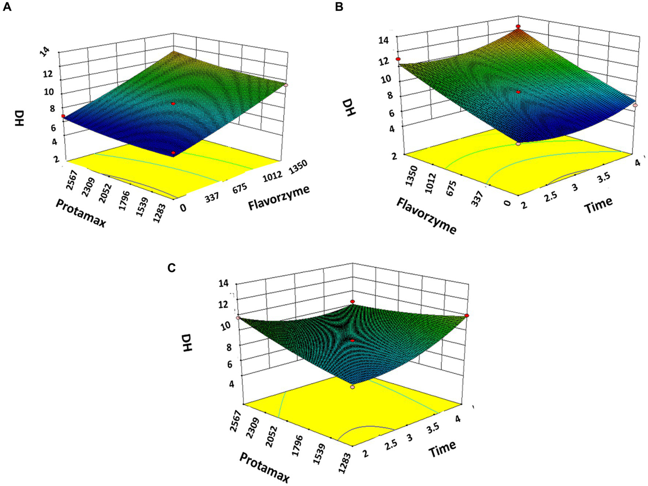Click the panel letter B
pyautogui.click(x=339, y=7)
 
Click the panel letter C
pyautogui.click(x=171, y=268)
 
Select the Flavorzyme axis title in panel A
pyautogui.click(x=279, y=197)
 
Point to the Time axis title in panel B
pyautogui.click(x=598, y=205)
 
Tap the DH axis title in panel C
pyautogui.click(x=186, y=343)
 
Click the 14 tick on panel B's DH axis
pyautogui.click(x=383, y=40)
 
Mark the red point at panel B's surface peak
pyautogui.click(x=518, y=27)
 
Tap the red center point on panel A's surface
pyautogui.click(x=173, y=104)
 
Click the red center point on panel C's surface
pyautogui.click(x=352, y=340)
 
